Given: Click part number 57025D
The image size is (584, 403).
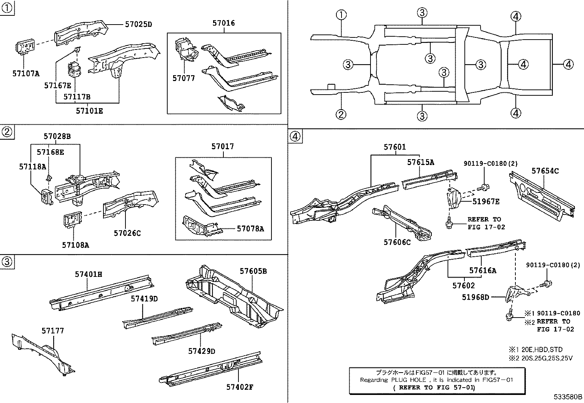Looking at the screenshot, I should (x=138, y=25).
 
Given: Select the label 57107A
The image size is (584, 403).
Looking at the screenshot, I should (x=26, y=73).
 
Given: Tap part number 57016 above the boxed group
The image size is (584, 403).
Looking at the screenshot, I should (x=223, y=23).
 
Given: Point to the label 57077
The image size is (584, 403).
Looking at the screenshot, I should (x=184, y=78).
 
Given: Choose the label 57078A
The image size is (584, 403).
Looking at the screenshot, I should (x=250, y=228).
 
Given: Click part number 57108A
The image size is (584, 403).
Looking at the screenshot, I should (x=76, y=245).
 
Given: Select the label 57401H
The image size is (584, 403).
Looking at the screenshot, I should (x=89, y=274).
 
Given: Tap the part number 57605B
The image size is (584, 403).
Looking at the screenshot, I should (x=253, y=271).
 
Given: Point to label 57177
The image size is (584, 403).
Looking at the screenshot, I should (x=52, y=331).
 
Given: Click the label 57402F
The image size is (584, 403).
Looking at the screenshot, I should (x=240, y=387).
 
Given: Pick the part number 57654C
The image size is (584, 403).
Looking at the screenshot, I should (x=545, y=171).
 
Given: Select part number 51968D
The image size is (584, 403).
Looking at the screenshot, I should (x=475, y=297).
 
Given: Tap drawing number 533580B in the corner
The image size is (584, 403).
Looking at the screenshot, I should (x=568, y=397).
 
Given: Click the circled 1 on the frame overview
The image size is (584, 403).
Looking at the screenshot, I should (x=341, y=15).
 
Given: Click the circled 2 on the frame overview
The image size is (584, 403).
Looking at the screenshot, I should (x=341, y=114).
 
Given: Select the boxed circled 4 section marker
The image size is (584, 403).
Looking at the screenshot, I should (x=295, y=137).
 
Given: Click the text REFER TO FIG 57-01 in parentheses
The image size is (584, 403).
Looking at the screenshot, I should (x=433, y=387).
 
